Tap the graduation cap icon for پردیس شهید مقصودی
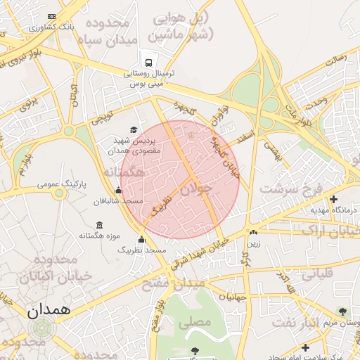pos(134,129)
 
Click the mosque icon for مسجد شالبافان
pos(117,190)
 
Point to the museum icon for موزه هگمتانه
pos(98,225)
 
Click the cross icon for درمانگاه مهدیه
pos(333,199)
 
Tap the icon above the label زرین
pos(253,232)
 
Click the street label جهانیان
pos(233,296)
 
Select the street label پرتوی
pos(29,103)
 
